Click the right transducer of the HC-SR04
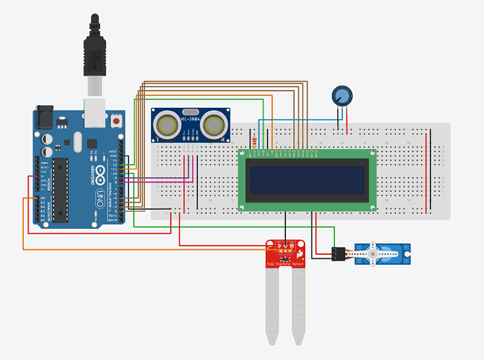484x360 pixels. pyautogui.click(x=213, y=125)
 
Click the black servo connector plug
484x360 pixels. pyautogui.click(x=336, y=253)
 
